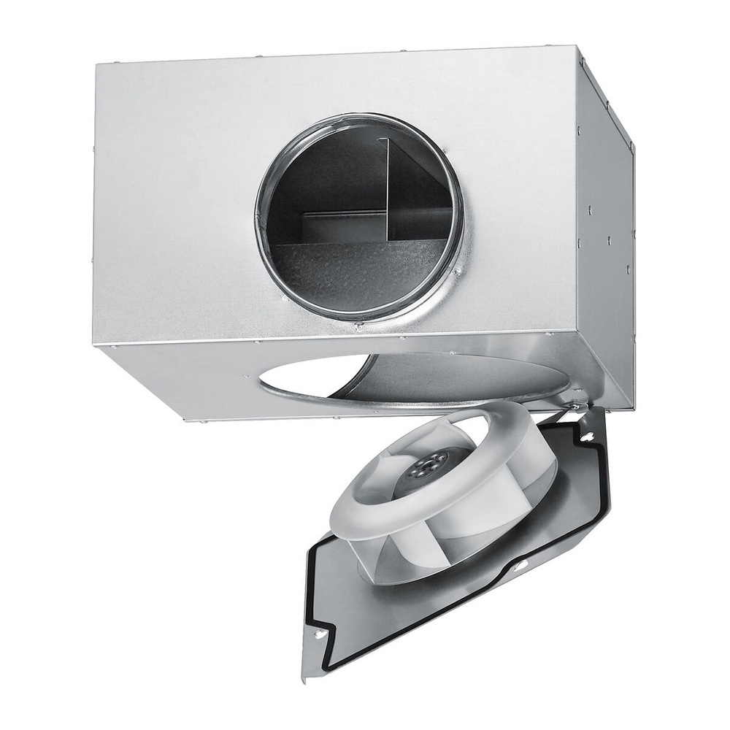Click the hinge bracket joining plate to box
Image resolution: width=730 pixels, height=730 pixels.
(x=577, y=404)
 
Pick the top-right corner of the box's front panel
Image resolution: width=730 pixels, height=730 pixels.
(x=577, y=50)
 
